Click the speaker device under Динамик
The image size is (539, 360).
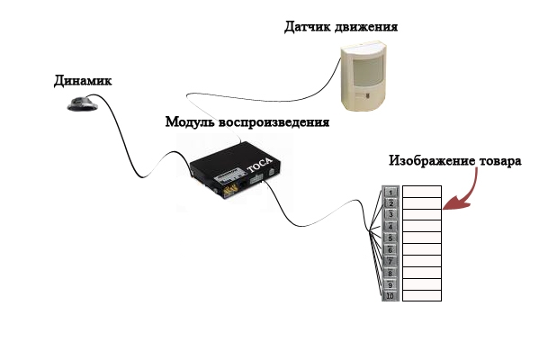tap(83, 103)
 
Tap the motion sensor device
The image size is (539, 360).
tap(364, 76)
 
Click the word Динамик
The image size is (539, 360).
tap(83, 81)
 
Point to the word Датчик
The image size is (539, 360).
tap(307, 27)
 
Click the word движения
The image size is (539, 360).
tap(365, 27)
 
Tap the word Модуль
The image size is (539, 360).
tap(190, 122)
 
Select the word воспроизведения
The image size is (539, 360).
tap(274, 122)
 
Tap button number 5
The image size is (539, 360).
tap(391, 238)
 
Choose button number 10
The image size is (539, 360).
tap(391, 296)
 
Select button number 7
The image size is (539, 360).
tap(391, 261)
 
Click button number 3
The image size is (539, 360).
tap(391, 214)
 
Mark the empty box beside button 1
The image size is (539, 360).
tap(422, 192)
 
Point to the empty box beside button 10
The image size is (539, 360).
tap(422, 296)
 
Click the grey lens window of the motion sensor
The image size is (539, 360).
tap(367, 71)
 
